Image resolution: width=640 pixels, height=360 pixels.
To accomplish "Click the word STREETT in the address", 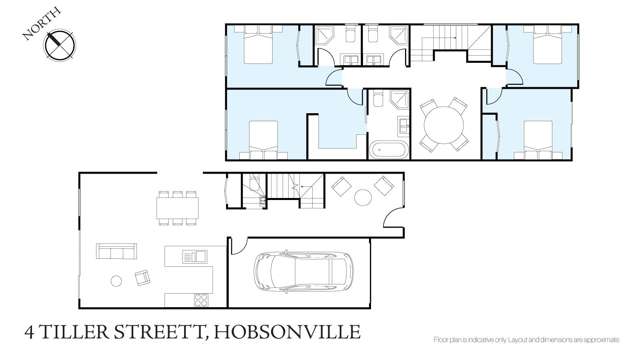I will (164, 331).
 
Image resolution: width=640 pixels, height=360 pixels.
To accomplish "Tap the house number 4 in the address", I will (30, 331).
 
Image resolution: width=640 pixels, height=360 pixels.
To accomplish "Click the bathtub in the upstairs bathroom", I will (385, 150).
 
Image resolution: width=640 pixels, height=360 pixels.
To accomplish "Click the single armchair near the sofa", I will (142, 278).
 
